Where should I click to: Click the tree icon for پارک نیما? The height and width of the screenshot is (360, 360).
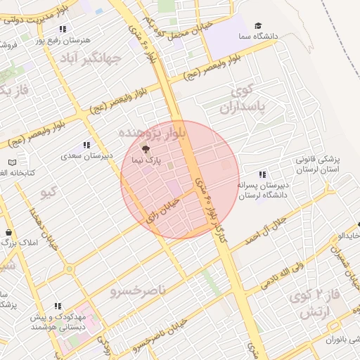[146, 148]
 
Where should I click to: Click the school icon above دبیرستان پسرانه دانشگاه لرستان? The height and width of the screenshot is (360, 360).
[262, 174]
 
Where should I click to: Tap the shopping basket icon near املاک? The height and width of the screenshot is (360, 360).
[8, 233]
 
